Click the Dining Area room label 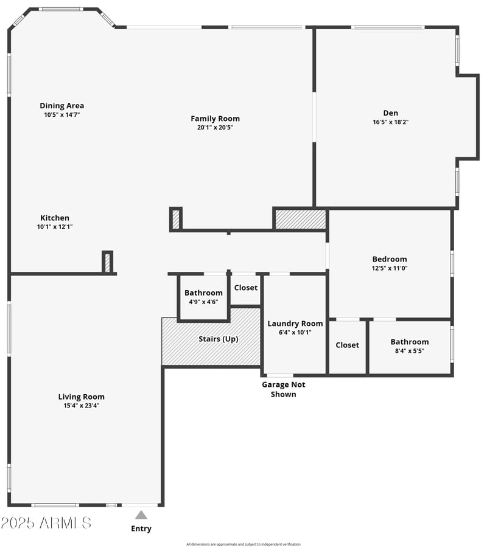click(61, 106)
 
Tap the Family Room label click(215, 119)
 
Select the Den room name click(390, 113)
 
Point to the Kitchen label click(55, 218)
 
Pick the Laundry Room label click(295, 324)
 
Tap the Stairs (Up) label click(219, 339)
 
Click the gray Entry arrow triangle click(141, 515)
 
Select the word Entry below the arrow click(141, 529)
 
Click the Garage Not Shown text click(283, 389)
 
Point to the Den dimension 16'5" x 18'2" click(390, 122)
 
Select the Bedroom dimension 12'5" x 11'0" click(390, 268)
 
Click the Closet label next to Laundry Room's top click(245, 288)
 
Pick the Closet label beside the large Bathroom click(347, 345)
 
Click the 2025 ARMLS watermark click(46, 522)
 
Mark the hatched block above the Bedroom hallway click(301, 220)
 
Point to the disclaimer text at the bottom click(243, 544)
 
